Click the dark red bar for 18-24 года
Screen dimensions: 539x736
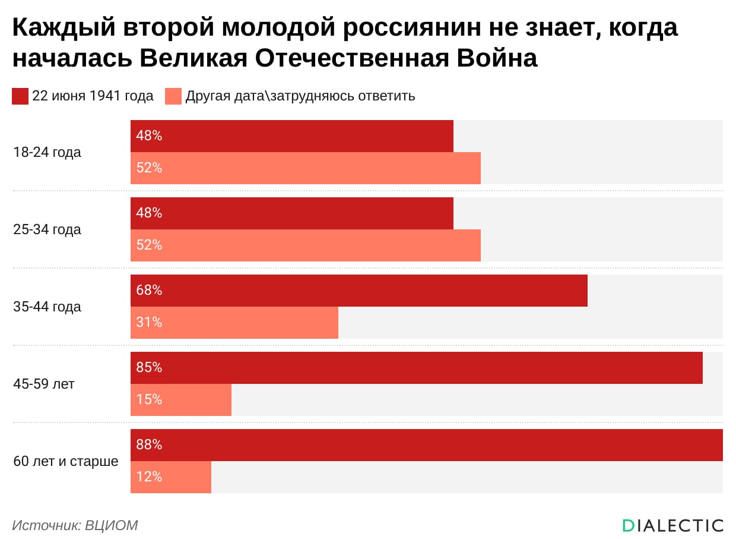(291, 136)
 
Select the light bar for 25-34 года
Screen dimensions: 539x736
(305, 245)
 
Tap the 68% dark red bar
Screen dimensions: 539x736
(359, 291)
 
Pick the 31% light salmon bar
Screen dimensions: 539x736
(234, 323)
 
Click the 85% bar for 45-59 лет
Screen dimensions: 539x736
(416, 368)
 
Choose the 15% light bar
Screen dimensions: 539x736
(180, 400)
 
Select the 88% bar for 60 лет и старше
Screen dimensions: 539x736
(426, 445)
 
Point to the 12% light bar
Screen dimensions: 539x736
(170, 477)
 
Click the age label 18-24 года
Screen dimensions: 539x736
(47, 152)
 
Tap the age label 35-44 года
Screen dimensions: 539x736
(47, 307)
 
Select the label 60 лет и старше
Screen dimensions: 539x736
(65, 461)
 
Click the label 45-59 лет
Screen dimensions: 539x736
(44, 384)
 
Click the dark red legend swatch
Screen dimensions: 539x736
(20, 96)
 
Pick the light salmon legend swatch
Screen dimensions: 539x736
(173, 96)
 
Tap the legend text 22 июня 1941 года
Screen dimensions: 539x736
(93, 96)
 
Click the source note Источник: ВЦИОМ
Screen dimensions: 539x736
(75, 525)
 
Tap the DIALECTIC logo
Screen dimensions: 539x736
(672, 525)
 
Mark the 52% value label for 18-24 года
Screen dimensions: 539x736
(149, 168)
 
